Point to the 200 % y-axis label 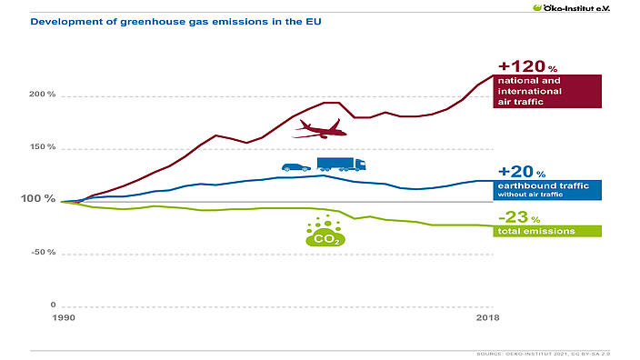click(x=44, y=95)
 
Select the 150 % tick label click(x=44, y=147)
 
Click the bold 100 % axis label click(x=42, y=199)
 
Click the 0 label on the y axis click(x=53, y=305)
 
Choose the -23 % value click(x=519, y=218)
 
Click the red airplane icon click(x=319, y=129)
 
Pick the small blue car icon click(x=296, y=167)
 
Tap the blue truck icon click(x=342, y=165)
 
